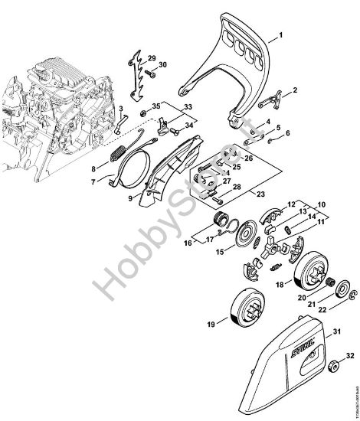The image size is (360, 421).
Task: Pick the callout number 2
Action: [295, 91]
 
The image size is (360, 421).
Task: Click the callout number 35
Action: [156, 106]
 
